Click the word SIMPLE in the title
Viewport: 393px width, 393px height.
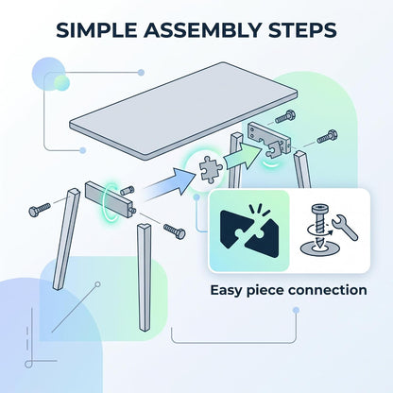click(96, 30)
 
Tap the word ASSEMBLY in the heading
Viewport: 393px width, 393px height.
click(202, 30)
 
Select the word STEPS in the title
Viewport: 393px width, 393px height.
click(302, 30)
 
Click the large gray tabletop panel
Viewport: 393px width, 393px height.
click(183, 110)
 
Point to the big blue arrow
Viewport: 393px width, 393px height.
click(168, 184)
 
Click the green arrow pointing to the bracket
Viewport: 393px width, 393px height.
click(243, 155)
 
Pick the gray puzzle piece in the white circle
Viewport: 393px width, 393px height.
click(211, 169)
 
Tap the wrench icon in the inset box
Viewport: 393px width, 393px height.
click(345, 227)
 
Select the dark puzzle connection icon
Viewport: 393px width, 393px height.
click(249, 233)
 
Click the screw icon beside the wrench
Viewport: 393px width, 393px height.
click(318, 230)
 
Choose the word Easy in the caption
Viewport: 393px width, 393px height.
click(226, 291)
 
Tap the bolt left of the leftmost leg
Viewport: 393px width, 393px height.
click(40, 210)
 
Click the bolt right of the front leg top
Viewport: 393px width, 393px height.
click(175, 231)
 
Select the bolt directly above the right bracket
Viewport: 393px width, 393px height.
click(285, 116)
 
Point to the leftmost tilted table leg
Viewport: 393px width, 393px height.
click(66, 239)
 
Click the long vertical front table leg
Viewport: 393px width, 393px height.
click(145, 277)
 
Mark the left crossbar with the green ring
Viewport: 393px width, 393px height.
click(111, 199)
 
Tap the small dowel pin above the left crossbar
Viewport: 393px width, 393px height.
click(128, 190)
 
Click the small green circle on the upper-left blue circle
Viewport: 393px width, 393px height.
click(61, 82)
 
